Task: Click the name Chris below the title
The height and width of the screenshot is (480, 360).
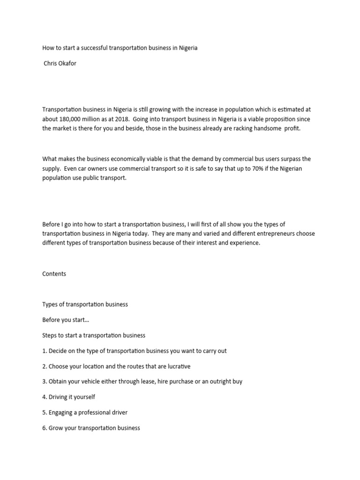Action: (x=51, y=64)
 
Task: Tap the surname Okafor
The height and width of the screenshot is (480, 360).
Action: (x=67, y=64)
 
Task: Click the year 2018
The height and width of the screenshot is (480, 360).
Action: (x=123, y=120)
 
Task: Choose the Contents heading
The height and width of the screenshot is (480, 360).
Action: (x=54, y=274)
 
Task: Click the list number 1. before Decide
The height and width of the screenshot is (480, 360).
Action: (x=45, y=351)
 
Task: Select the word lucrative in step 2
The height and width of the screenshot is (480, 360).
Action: (x=177, y=366)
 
